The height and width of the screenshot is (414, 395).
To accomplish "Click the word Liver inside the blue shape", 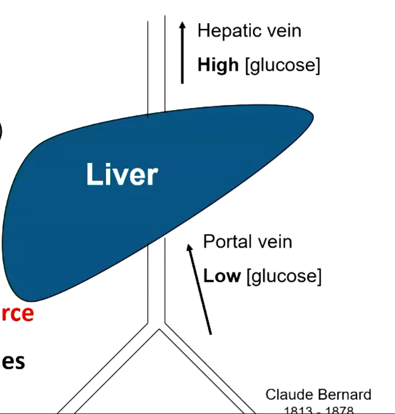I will [x=122, y=175].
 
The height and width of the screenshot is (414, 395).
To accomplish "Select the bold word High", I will [x=218, y=65].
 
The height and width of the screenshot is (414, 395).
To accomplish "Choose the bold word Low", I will [x=221, y=276].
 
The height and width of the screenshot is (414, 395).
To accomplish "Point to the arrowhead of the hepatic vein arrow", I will [x=182, y=25].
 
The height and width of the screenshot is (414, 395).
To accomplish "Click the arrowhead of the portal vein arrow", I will [x=189, y=247].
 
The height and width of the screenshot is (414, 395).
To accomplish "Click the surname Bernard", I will [x=344, y=395].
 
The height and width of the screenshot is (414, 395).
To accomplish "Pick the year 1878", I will [x=340, y=410].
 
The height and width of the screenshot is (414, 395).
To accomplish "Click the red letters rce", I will [x=17, y=313].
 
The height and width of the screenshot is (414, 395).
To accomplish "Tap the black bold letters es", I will [x=13, y=361].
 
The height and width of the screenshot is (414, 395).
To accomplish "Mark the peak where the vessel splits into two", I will [x=159, y=330].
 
